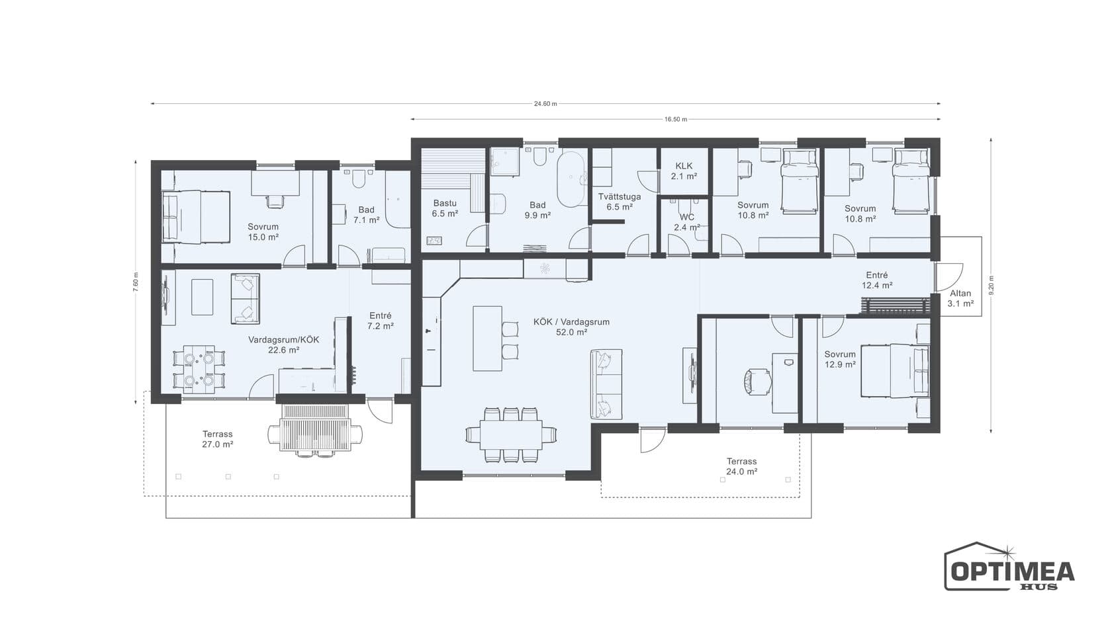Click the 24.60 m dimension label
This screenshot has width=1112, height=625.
(545, 104)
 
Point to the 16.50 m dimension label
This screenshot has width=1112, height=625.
(676, 119)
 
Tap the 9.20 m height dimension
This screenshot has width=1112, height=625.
(992, 285)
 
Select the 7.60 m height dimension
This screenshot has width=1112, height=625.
(136, 282)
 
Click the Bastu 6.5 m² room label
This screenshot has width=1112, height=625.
(445, 208)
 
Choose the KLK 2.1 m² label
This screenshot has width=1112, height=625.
(684, 171)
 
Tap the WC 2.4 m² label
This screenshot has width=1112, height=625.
(687, 222)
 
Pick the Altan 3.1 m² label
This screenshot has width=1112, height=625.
(960, 298)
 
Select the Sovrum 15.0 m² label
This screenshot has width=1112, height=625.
(263, 231)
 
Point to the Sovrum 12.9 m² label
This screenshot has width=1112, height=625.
(840, 359)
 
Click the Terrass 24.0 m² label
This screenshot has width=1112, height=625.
(741, 466)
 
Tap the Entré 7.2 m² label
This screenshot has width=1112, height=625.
(381, 320)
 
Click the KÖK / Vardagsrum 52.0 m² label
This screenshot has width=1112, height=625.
(571, 327)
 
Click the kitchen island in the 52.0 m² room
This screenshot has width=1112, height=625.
(487, 339)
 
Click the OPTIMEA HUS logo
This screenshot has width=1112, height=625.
(1009, 566)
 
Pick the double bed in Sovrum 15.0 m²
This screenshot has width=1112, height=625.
(196, 217)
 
